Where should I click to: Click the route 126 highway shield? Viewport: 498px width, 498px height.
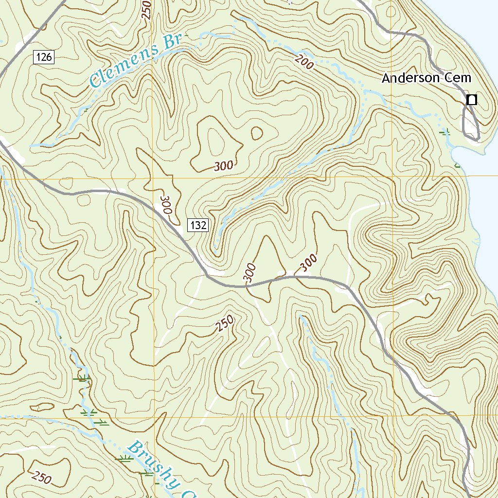(x=44, y=57)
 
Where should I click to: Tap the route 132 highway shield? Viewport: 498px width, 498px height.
(x=198, y=225)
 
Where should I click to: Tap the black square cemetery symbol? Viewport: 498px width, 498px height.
(x=471, y=100)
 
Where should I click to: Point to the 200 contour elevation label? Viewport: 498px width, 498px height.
(x=304, y=62)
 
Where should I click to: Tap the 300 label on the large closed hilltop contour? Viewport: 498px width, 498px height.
(x=224, y=166)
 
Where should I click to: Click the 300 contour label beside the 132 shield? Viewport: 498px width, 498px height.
(x=166, y=206)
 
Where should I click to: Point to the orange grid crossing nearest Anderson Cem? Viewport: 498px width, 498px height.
(x=392, y=176)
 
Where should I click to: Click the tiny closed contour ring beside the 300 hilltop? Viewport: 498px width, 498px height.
(x=256, y=132)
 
